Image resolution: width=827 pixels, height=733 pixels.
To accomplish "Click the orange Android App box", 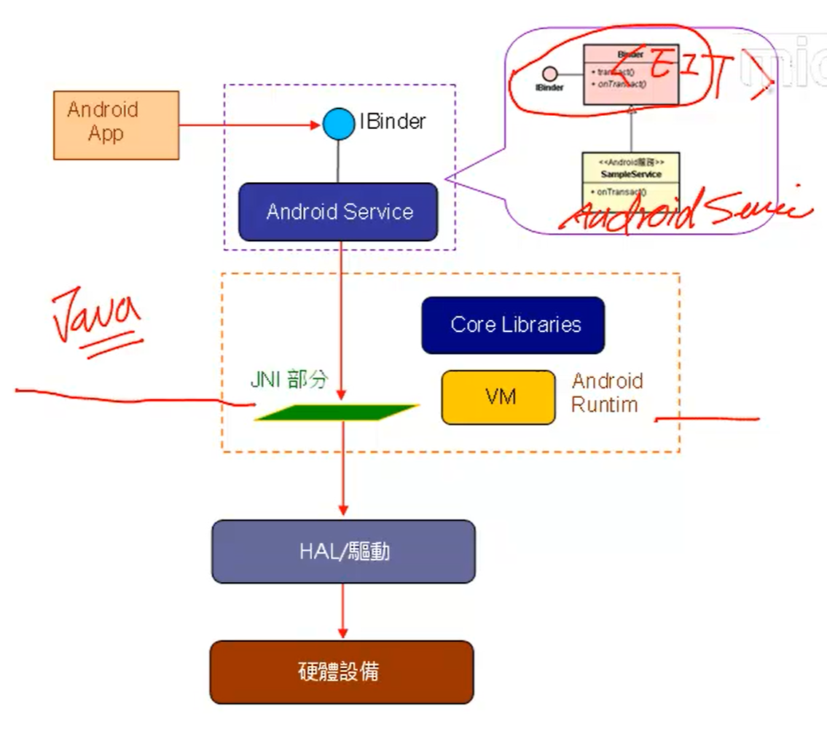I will (x=116, y=125).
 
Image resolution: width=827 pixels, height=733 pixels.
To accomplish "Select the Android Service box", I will (x=338, y=212).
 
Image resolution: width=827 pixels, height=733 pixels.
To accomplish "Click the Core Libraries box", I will (x=513, y=325).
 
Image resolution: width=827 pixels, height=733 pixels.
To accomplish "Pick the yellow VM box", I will (x=498, y=397).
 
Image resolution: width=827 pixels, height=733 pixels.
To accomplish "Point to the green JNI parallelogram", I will (x=337, y=412).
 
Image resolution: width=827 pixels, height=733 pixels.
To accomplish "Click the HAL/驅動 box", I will (x=343, y=552).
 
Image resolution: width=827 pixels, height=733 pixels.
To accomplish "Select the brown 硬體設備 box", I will (x=342, y=672).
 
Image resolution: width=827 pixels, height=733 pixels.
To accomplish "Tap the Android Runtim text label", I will (x=607, y=393).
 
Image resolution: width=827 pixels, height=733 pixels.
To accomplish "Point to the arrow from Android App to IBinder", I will (x=248, y=125).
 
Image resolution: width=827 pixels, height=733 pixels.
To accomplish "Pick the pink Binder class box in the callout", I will (x=630, y=75).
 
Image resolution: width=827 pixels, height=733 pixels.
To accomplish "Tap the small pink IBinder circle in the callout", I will (x=550, y=74).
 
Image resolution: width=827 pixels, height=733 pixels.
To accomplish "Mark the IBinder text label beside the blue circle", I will (x=392, y=122).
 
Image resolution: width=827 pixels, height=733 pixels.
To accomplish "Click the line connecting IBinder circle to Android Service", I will (x=338, y=161).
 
